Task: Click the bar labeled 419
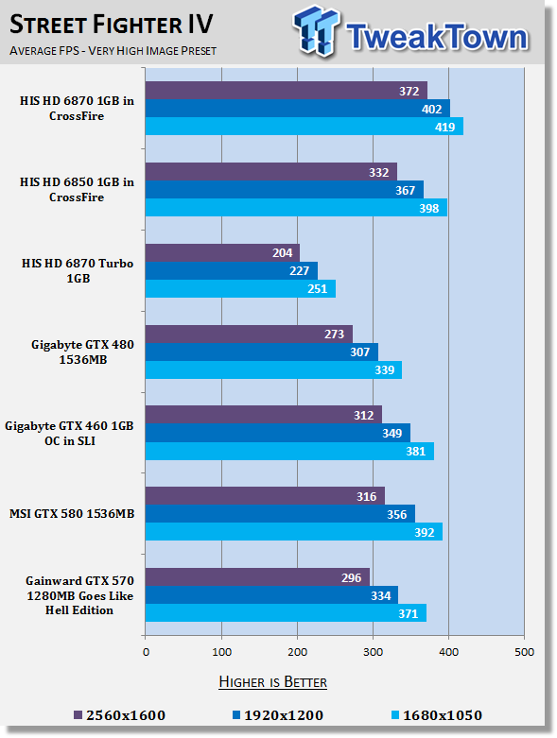click(305, 127)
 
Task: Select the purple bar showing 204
click(222, 252)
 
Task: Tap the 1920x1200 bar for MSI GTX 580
click(280, 514)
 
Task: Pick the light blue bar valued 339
click(273, 369)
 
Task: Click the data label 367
click(405, 190)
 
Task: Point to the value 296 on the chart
click(351, 577)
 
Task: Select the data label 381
click(416, 452)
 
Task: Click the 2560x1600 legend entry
click(120, 715)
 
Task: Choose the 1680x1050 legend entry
click(437, 715)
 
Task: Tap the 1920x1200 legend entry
click(278, 715)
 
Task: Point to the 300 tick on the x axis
click(373, 652)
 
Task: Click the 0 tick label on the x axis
click(146, 652)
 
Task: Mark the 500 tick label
click(524, 652)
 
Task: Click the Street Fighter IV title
click(112, 25)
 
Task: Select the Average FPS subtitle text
click(113, 50)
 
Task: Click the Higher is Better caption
click(272, 682)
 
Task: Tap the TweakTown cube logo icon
click(316, 31)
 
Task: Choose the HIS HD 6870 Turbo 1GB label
click(78, 270)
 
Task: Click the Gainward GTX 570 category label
click(79, 595)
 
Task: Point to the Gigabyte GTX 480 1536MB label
click(83, 352)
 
